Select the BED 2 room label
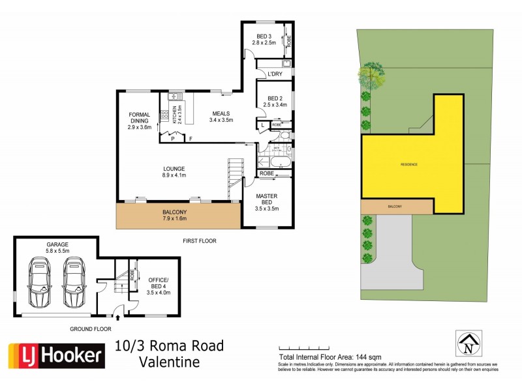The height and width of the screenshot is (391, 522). [270, 100]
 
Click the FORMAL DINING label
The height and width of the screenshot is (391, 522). [139, 121]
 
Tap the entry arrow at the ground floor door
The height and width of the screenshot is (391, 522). [117, 319]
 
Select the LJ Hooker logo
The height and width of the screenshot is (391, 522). [56, 356]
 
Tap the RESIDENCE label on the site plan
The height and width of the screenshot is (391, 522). [408, 164]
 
